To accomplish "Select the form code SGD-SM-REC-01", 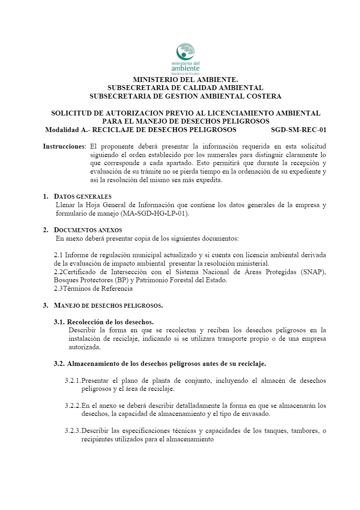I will pyautogui.click(x=299, y=130).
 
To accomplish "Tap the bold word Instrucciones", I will pyautogui.click(x=65, y=146).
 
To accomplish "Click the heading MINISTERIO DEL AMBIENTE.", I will pyautogui.click(x=185, y=80).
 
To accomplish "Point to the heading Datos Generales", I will pyautogui.click(x=83, y=197).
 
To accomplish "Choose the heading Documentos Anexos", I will pyautogui.click(x=88, y=230).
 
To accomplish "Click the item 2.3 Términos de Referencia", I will pyautogui.click(x=93, y=289).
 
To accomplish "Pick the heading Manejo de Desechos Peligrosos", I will pyautogui.click(x=108, y=305).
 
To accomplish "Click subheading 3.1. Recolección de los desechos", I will pyautogui.click(x=104, y=322).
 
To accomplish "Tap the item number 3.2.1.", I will pyautogui.click(x=72, y=380).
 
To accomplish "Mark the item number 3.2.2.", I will pyautogui.click(x=72, y=405).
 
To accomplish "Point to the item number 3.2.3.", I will pyautogui.click(x=72, y=430).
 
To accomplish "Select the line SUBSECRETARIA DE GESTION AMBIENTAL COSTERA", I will pyautogui.click(x=185, y=97).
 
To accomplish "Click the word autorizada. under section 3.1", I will pyautogui.click(x=84, y=347).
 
